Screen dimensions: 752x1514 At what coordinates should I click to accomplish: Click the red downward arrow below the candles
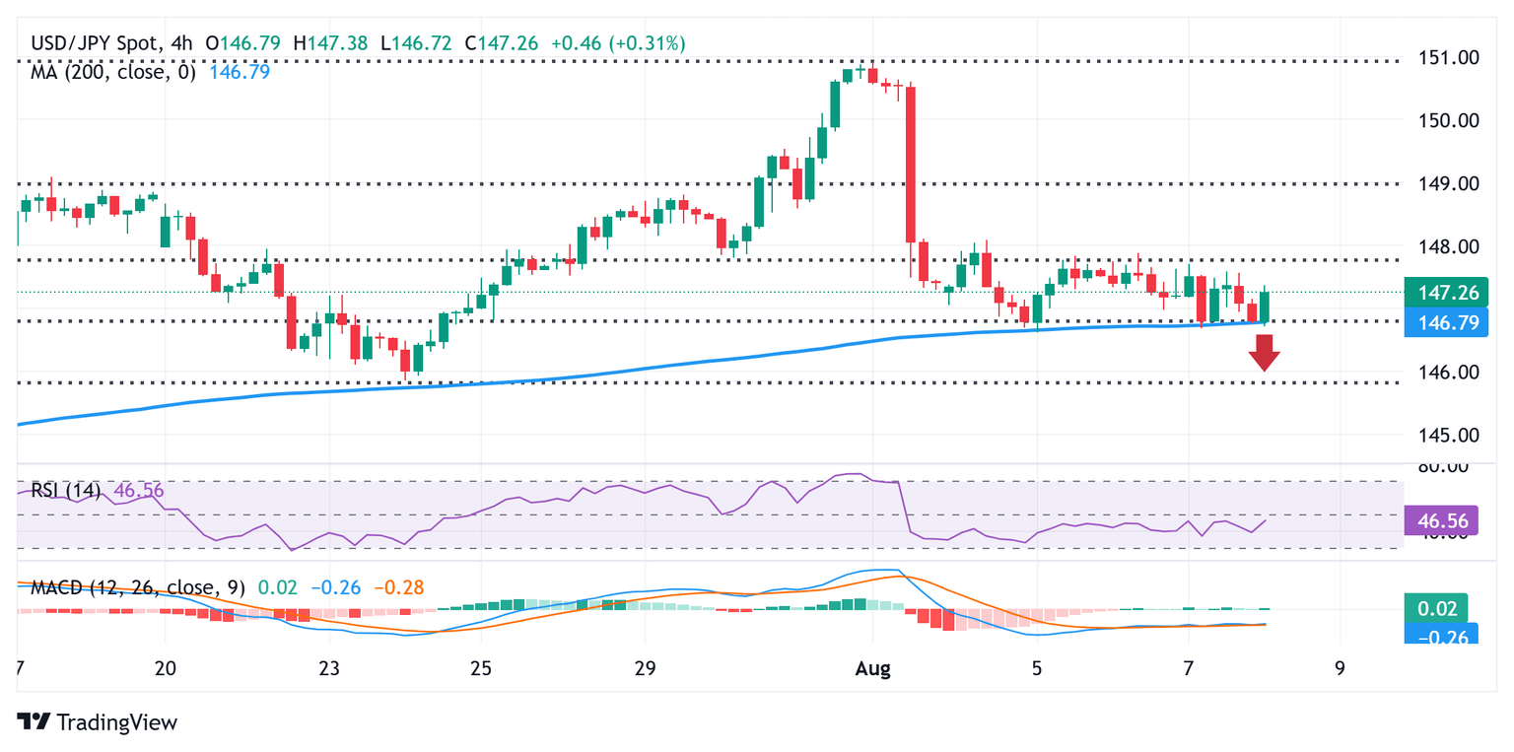pos(1263,352)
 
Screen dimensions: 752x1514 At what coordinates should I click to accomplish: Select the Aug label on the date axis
pos(872,669)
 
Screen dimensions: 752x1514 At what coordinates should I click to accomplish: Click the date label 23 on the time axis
pos(329,669)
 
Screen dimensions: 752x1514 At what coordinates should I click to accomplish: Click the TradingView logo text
pos(99,722)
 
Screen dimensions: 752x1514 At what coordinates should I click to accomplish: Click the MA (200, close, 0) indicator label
pos(113,72)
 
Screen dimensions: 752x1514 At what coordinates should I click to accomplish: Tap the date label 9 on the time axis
pos(1340,669)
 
